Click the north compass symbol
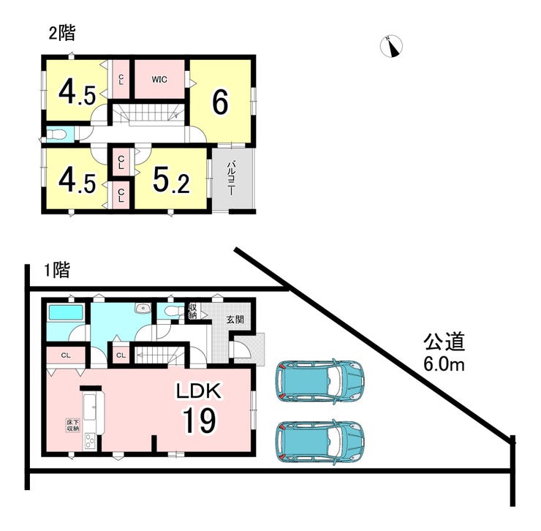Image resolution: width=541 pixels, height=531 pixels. tap(391, 46)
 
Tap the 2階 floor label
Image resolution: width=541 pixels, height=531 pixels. tap(61, 34)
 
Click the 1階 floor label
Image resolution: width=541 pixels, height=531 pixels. tap(57, 270)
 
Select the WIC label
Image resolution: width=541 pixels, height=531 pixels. tap(159, 80)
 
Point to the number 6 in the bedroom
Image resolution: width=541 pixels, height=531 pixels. tap(220, 102)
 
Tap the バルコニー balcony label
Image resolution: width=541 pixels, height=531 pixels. tap(231, 178)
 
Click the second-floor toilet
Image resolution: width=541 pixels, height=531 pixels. tap(56, 135)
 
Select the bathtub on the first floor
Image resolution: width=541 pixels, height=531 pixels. tap(67, 312)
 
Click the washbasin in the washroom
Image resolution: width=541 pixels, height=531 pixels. tap(143, 308)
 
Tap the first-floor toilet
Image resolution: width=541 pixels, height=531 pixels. tap(173, 311)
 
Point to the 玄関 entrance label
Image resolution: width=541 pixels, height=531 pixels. tap(235, 320)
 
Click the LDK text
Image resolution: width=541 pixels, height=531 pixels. tap(198, 391)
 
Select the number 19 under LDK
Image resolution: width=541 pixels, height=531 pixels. tap(200, 420)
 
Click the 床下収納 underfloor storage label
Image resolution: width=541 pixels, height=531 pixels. tap(73, 426)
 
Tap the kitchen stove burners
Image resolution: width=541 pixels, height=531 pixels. tap(89, 441)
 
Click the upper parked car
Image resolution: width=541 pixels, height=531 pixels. tap(320, 382)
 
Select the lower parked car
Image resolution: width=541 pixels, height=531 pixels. tap(319, 442)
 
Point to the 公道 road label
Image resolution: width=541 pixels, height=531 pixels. tap(444, 342)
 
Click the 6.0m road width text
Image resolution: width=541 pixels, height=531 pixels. tap(444, 364)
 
